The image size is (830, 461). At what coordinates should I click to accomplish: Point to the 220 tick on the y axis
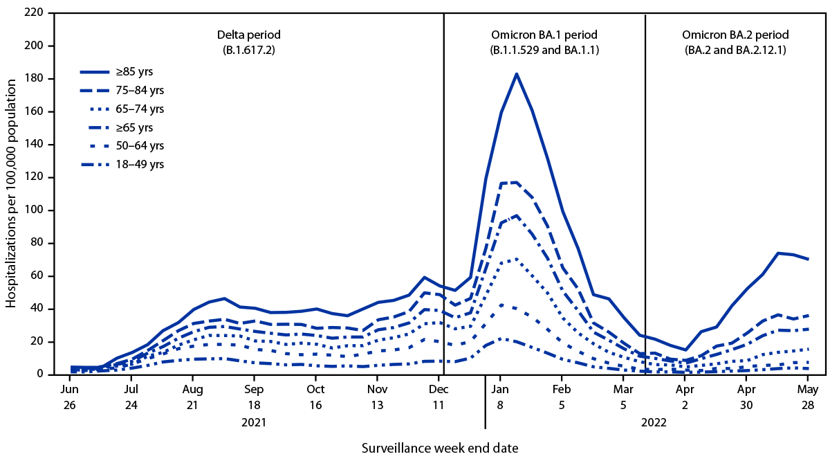coord(35,13)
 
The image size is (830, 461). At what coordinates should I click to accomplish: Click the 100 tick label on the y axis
coord(35,210)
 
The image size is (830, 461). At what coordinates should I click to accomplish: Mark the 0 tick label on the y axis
coord(39,374)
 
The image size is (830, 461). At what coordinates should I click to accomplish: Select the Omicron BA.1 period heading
coord(544,34)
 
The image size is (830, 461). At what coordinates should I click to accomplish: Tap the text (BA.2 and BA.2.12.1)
coord(735,50)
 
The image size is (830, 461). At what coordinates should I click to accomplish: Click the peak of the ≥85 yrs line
coord(516,73)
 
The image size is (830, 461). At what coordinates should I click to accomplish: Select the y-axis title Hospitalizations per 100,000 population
coord(12,194)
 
